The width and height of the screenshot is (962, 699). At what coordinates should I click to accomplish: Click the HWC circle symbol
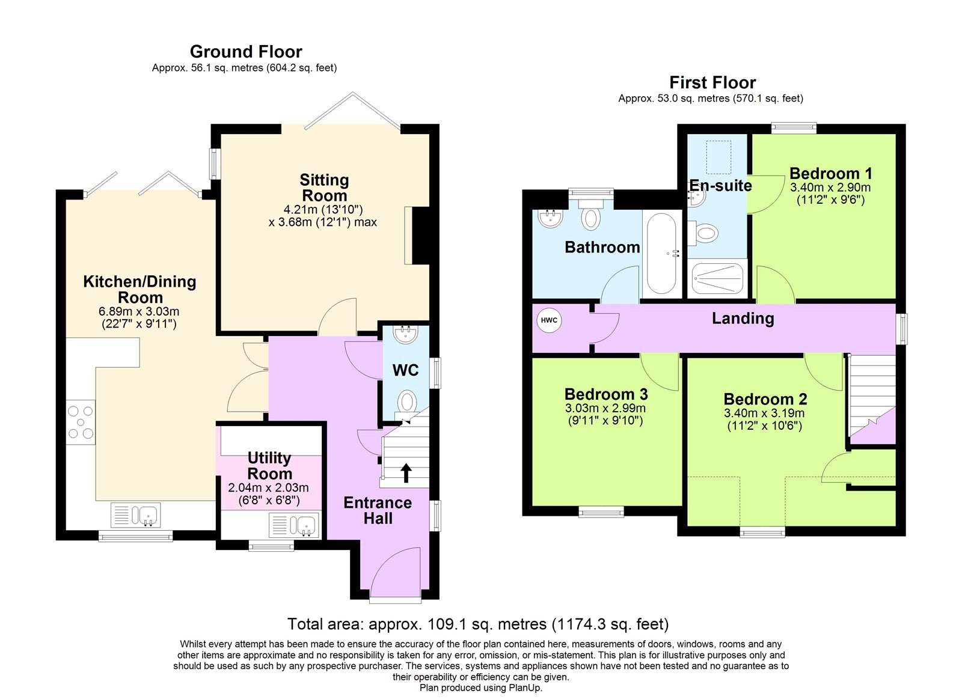point(549,320)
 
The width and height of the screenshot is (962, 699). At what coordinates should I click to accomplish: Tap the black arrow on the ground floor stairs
point(406,472)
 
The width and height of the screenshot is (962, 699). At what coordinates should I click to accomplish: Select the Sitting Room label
point(324,188)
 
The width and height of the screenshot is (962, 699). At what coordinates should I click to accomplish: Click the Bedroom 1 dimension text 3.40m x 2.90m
point(830,188)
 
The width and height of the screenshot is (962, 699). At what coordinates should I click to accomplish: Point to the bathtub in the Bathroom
point(661,253)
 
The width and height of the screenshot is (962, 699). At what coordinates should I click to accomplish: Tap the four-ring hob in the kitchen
point(81,422)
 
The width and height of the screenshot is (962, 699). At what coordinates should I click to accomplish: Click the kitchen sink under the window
point(144,515)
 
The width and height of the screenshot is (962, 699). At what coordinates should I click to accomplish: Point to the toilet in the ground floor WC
point(408,401)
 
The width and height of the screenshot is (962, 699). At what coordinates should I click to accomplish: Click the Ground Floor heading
point(246,52)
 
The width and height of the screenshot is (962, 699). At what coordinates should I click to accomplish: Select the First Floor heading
point(712,82)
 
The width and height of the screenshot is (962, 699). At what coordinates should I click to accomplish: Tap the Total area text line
point(478,624)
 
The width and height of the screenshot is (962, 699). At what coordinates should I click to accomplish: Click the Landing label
point(743,319)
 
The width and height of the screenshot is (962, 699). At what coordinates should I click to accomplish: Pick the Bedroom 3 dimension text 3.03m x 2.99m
point(605,408)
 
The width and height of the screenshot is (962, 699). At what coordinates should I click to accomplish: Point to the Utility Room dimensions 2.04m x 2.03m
point(268,487)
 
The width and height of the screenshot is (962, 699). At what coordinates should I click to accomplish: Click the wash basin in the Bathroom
point(550,219)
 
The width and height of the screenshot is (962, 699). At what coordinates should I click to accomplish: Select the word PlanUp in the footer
point(526,688)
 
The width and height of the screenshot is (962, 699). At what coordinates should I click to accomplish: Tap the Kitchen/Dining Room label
point(139,289)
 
